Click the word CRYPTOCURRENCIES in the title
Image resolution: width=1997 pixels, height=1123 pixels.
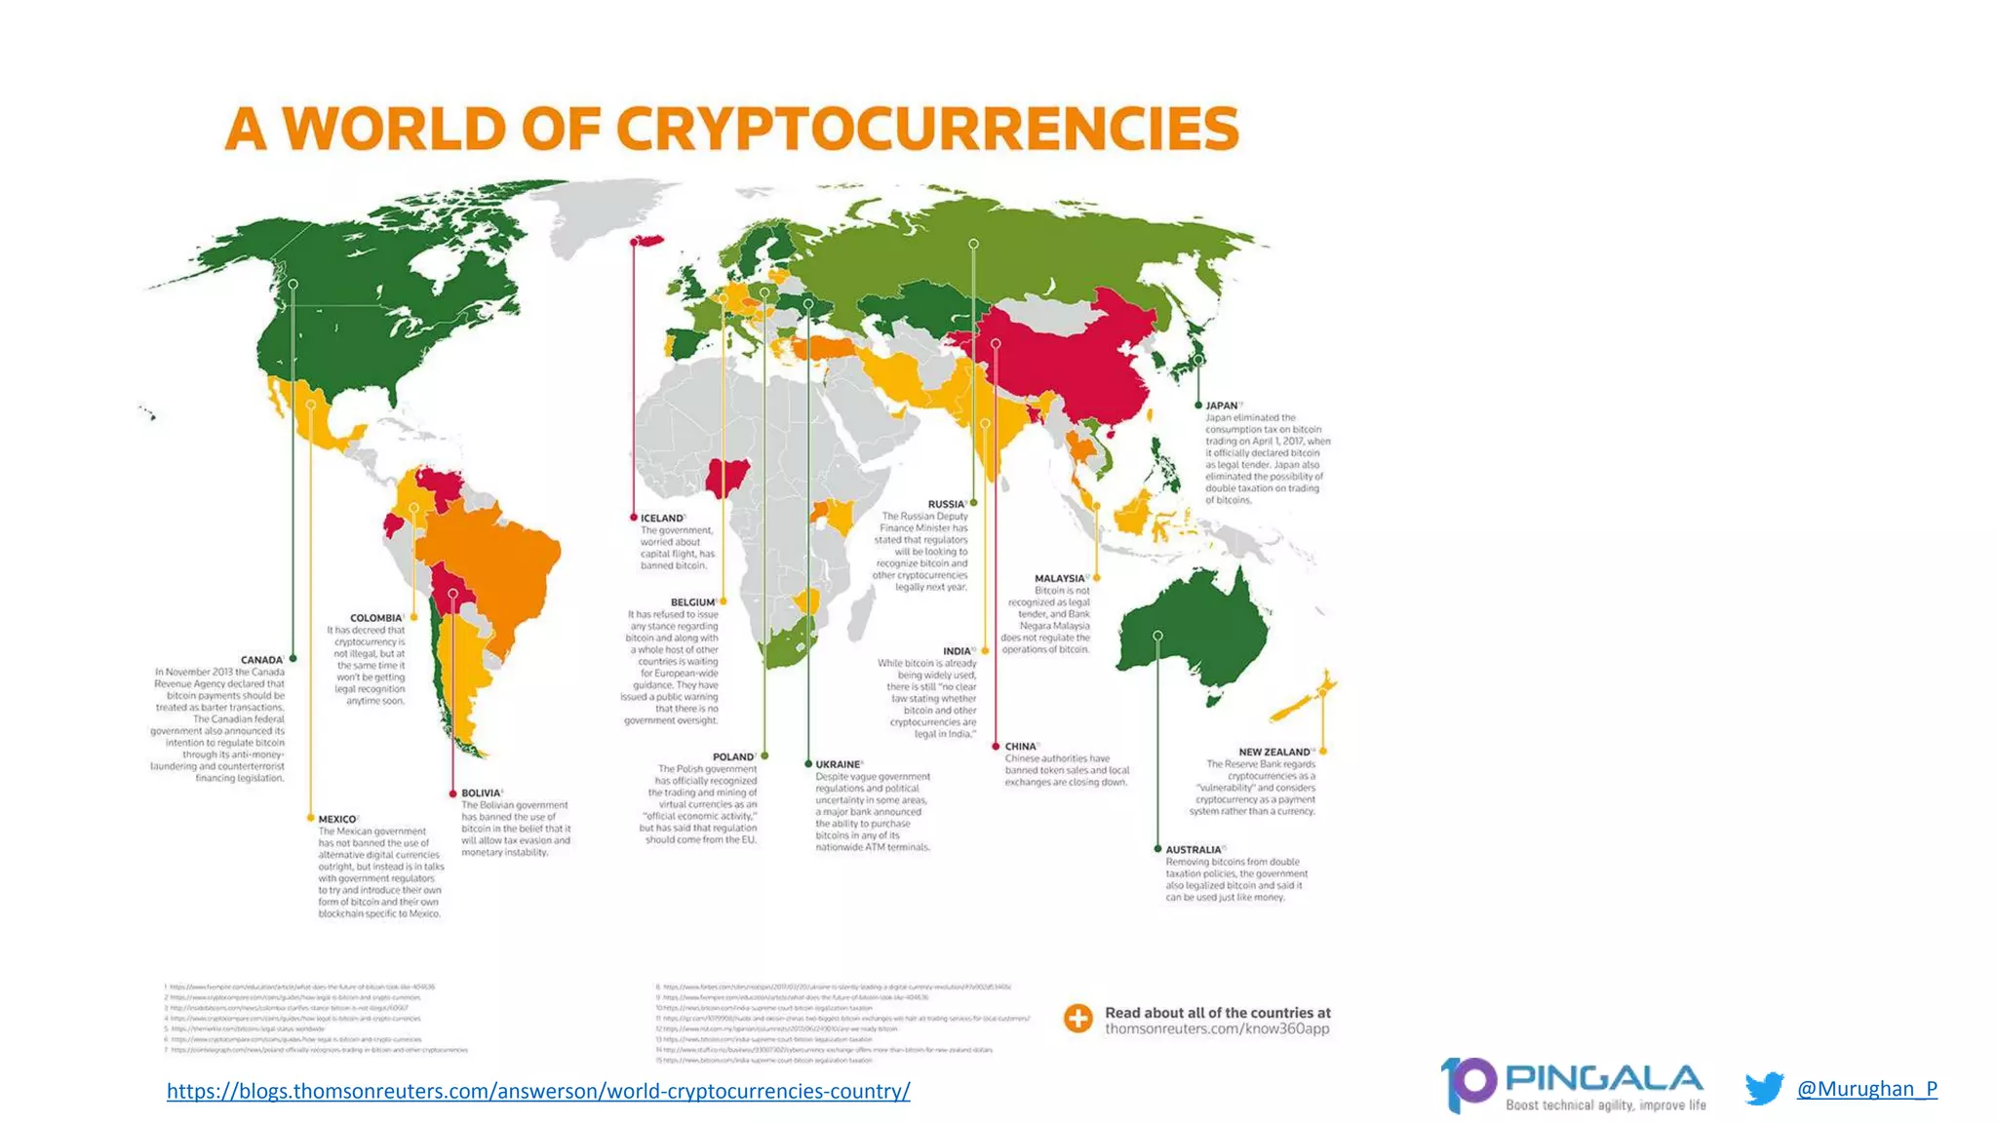(x=926, y=130)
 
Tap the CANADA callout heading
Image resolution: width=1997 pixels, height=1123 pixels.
(x=261, y=660)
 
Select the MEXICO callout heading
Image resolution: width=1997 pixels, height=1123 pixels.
(x=337, y=820)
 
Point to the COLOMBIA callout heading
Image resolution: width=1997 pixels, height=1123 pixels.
(x=375, y=618)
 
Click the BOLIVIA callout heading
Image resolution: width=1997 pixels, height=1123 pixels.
(x=481, y=794)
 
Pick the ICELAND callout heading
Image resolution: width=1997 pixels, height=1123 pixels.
(x=661, y=519)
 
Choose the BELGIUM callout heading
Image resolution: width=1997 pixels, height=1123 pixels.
(x=692, y=602)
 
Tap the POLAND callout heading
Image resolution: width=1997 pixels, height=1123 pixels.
(x=733, y=757)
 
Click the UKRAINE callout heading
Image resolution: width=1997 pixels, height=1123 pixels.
(x=838, y=765)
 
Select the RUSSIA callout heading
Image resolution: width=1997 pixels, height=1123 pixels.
(x=946, y=505)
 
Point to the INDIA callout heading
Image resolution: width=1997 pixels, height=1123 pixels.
(x=957, y=651)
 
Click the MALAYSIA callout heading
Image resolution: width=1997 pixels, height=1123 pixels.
(x=1059, y=579)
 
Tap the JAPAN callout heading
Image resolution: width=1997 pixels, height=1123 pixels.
(x=1221, y=406)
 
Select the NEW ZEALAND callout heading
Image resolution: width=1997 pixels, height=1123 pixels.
(x=1273, y=753)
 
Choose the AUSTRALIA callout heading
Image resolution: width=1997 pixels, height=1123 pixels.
(x=1194, y=850)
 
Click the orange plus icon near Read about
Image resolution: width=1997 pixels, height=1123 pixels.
(x=1078, y=1019)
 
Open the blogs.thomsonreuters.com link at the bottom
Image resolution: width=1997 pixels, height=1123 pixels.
(x=538, y=1091)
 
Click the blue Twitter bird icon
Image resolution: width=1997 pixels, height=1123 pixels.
(x=1764, y=1088)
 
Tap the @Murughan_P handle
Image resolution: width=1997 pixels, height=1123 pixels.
(x=1866, y=1089)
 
